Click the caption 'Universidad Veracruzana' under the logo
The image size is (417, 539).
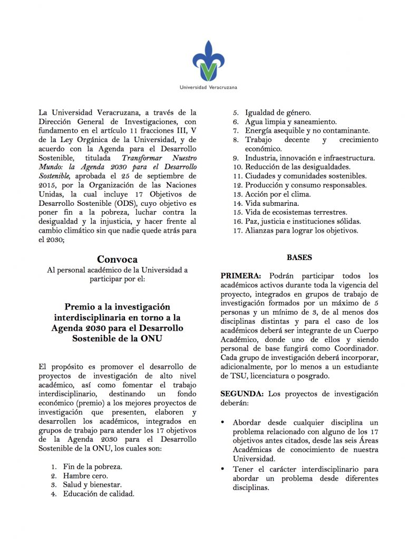[208, 87]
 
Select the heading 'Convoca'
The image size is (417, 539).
[117, 259]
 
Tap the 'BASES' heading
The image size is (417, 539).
[299, 258]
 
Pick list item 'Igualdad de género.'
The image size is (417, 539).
[278, 113]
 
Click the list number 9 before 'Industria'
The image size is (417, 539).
[236, 158]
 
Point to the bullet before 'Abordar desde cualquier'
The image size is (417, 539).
[224, 423]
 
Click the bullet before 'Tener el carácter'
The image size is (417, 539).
[224, 468]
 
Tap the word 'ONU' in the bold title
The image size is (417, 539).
[151, 338]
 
